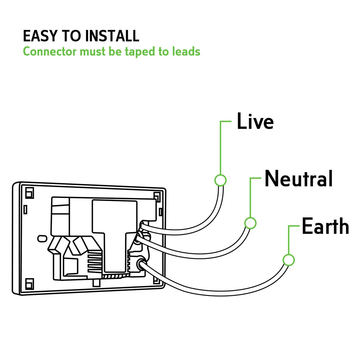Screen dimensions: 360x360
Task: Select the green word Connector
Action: click(x=50, y=51)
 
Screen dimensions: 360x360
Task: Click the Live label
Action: click(x=255, y=121)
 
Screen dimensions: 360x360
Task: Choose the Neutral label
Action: click(x=298, y=179)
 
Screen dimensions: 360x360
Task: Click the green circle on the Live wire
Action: click(x=220, y=180)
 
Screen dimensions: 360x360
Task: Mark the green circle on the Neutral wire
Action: click(x=250, y=223)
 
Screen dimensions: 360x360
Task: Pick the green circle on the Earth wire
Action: click(x=288, y=260)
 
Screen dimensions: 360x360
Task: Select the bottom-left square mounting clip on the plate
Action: click(x=30, y=282)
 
